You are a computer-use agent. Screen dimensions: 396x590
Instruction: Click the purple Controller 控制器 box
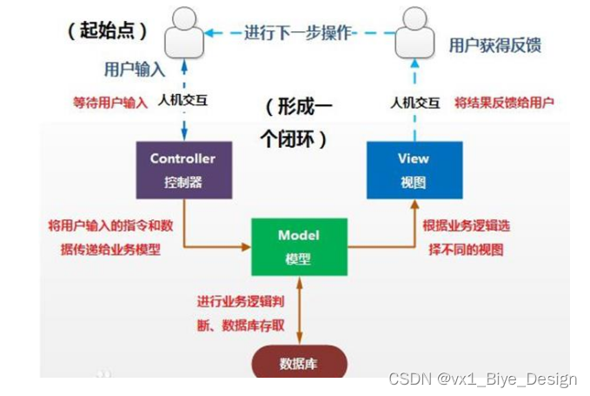tap(183, 170)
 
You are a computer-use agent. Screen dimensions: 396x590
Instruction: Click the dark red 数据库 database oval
tap(299, 364)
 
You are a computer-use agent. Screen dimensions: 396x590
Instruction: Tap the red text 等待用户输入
tap(110, 102)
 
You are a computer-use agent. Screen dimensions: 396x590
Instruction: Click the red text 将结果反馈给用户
tap(504, 102)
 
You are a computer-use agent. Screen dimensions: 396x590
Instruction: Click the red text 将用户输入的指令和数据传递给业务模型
tap(110, 238)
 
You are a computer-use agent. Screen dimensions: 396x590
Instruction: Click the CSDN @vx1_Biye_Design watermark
tap(482, 379)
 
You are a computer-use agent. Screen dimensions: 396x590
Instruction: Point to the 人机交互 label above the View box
tap(408, 102)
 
